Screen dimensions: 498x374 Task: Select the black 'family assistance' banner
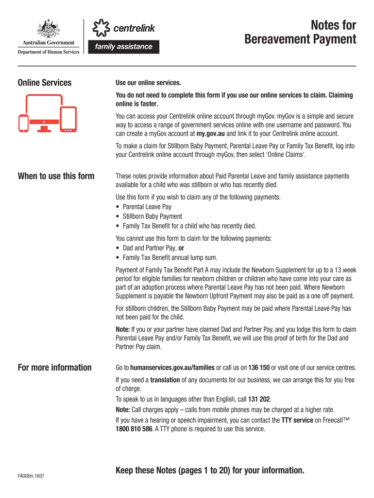pyautogui.click(x=123, y=47)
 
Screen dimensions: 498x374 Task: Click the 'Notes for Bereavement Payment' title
pyautogui.click(x=300, y=32)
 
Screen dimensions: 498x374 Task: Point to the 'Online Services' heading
pyautogui.click(x=45, y=83)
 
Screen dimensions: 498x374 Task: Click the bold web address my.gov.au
pyautogui.click(x=211, y=134)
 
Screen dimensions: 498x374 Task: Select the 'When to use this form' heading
pyautogui.click(x=56, y=176)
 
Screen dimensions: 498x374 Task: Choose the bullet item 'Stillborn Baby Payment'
pyautogui.click(x=152, y=216)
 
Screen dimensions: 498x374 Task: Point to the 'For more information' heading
pyautogui.click(x=54, y=368)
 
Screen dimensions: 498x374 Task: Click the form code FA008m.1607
pyautogui.click(x=32, y=476)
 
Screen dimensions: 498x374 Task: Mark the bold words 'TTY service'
pyautogui.click(x=297, y=420)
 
